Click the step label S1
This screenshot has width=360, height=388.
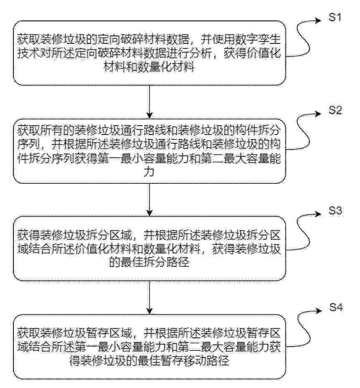click(x=335, y=17)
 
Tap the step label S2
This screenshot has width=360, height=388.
click(x=335, y=110)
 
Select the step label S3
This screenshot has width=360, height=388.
click(x=336, y=210)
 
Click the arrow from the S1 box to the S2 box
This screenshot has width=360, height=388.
click(x=150, y=102)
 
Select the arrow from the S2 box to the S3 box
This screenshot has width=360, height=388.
click(x=150, y=200)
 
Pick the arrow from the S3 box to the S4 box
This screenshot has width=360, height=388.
click(x=150, y=297)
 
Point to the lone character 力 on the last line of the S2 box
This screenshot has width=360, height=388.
click(x=149, y=172)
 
